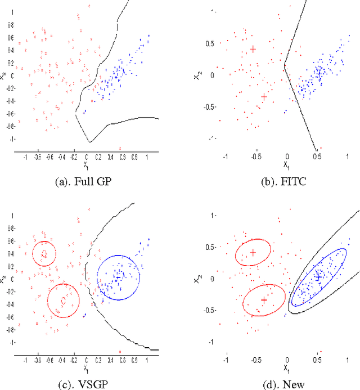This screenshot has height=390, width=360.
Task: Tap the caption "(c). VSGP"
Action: tap(90, 384)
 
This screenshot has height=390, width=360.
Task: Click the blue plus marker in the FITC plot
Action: tap(318, 73)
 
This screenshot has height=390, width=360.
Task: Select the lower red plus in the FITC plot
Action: tap(264, 97)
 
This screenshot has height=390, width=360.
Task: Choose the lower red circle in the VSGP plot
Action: tap(63, 301)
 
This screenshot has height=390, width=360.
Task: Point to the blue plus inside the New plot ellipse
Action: tap(318, 277)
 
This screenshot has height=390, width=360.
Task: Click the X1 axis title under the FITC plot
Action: tap(287, 166)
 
